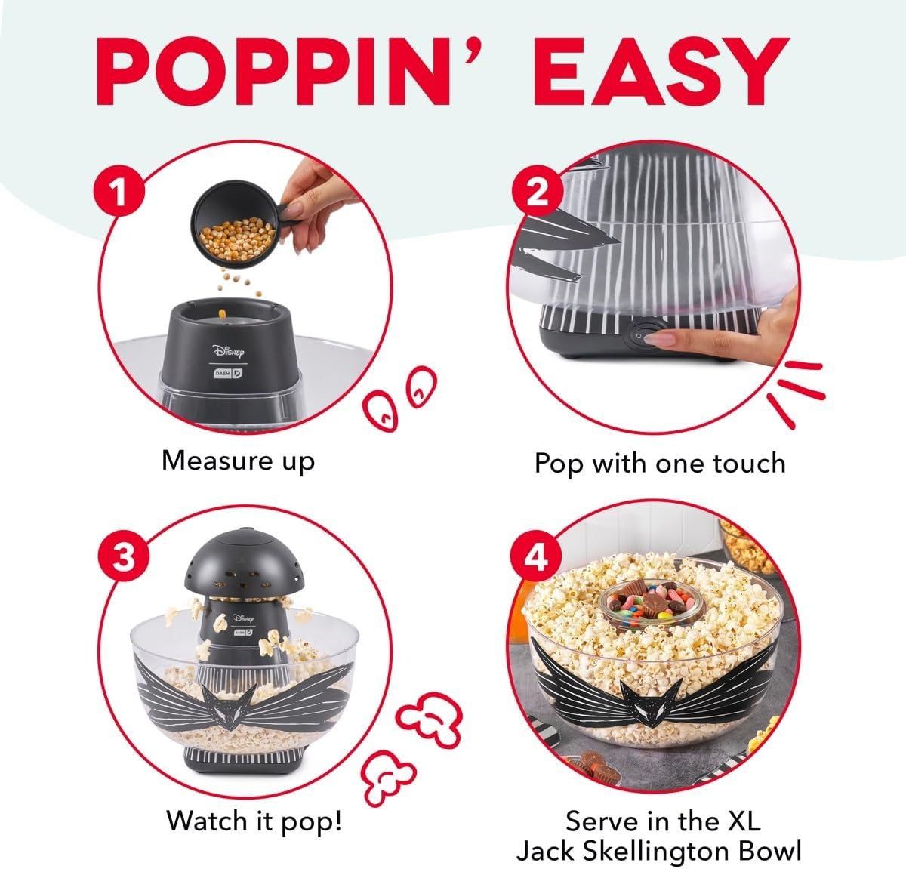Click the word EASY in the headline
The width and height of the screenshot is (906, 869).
[x=661, y=72]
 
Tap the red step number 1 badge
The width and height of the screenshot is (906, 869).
[x=119, y=191]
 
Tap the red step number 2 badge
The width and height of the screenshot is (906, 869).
[x=537, y=191]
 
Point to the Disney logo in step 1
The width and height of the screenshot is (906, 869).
[x=228, y=350]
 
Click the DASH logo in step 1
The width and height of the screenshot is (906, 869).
[x=228, y=373]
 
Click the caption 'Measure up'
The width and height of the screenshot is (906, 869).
[x=238, y=461]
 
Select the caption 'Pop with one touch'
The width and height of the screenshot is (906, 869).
[x=660, y=464]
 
